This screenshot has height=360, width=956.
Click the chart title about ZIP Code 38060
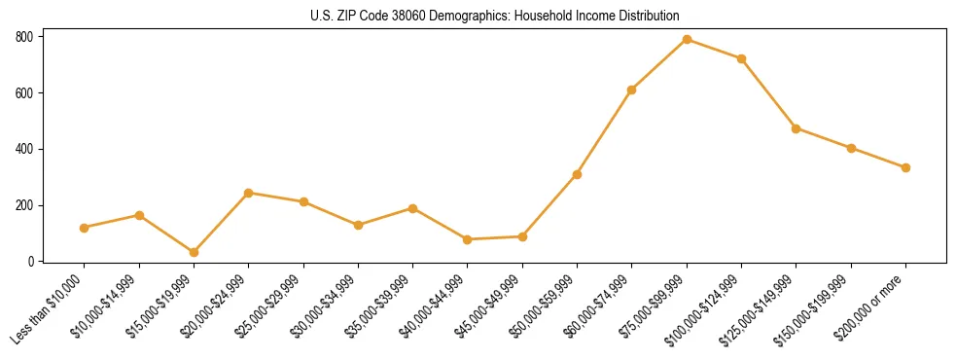[x=494, y=16]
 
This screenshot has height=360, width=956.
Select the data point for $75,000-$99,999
[x=687, y=39]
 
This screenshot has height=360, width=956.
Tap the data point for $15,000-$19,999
[x=194, y=252]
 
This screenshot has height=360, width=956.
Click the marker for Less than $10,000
[x=84, y=228]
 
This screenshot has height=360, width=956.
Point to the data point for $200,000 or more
[x=905, y=167]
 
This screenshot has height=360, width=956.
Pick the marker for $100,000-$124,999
[x=741, y=58]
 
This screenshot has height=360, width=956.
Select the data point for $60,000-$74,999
[x=632, y=90]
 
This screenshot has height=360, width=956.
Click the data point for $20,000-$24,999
[x=248, y=193]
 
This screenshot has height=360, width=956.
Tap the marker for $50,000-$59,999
[x=577, y=174]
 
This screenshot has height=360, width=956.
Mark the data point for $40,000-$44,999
[x=468, y=239]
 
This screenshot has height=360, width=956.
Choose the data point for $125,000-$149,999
[x=797, y=128]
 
